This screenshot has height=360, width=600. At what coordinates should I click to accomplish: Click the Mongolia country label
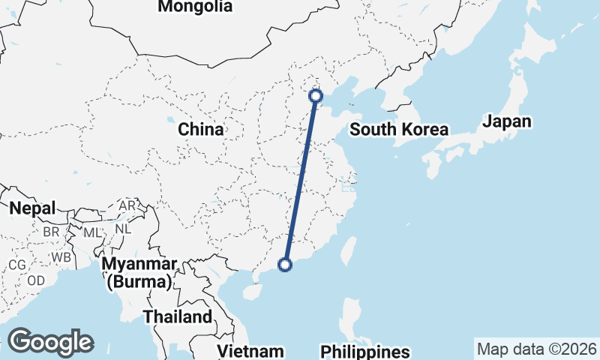pyautogui.click(x=194, y=7)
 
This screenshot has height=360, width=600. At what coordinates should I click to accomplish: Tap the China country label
pyautogui.click(x=200, y=129)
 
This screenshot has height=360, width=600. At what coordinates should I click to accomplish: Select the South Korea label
pyautogui.click(x=399, y=129)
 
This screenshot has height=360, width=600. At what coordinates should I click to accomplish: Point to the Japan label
pyautogui.click(x=507, y=121)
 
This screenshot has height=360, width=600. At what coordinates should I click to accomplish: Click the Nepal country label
pyautogui.click(x=32, y=208)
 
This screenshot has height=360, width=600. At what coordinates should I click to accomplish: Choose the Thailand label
pyautogui.click(x=178, y=316)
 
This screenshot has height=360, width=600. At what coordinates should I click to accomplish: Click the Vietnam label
pyautogui.click(x=250, y=351)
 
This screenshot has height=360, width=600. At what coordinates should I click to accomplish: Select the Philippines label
pyautogui.click(x=365, y=351)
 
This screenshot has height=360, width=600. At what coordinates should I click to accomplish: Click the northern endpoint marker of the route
pyautogui.click(x=316, y=95)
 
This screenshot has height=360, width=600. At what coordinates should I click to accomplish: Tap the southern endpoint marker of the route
pyautogui.click(x=285, y=263)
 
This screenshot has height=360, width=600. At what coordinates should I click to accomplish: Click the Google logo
pyautogui.click(x=50, y=342)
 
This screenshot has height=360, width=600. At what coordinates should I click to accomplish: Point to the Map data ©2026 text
pyautogui.click(x=536, y=349)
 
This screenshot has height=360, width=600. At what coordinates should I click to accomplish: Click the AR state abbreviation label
pyautogui.click(x=127, y=205)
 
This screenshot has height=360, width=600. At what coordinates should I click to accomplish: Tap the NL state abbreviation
pyautogui.click(x=123, y=227)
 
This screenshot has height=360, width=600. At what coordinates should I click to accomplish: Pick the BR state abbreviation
pyautogui.click(x=51, y=232)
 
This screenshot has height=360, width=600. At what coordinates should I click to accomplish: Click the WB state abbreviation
pyautogui.click(x=61, y=258)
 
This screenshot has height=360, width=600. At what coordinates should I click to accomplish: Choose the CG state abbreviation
pyautogui.click(x=16, y=265)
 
